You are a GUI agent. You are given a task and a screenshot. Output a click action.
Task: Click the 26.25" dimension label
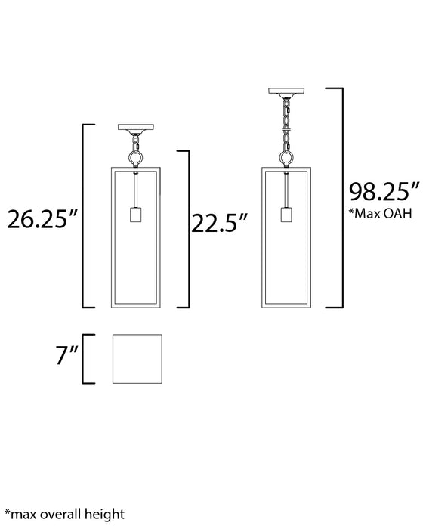click(x=42, y=220)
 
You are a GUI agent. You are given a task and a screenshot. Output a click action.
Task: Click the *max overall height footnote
click(x=64, y=515)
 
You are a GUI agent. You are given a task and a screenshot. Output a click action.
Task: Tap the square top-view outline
click(x=137, y=359)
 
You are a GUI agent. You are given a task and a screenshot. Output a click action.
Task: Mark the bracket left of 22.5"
click(x=184, y=228)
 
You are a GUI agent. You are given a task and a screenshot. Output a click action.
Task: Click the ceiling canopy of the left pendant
click(x=137, y=128)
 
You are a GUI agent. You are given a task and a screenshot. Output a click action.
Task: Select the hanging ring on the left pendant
click(x=137, y=157)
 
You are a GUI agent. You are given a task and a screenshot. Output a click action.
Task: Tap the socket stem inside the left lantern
click(x=137, y=189)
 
